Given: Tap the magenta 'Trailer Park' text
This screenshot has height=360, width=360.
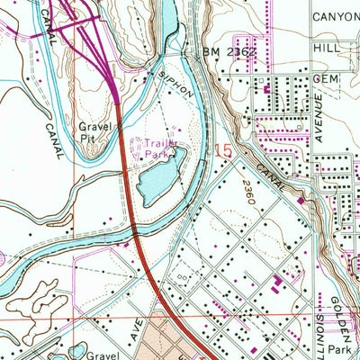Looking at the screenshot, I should [x=152, y=147].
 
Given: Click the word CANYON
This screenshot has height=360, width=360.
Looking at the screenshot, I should [x=335, y=16].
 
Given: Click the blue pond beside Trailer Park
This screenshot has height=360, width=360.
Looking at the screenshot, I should [x=156, y=176].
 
